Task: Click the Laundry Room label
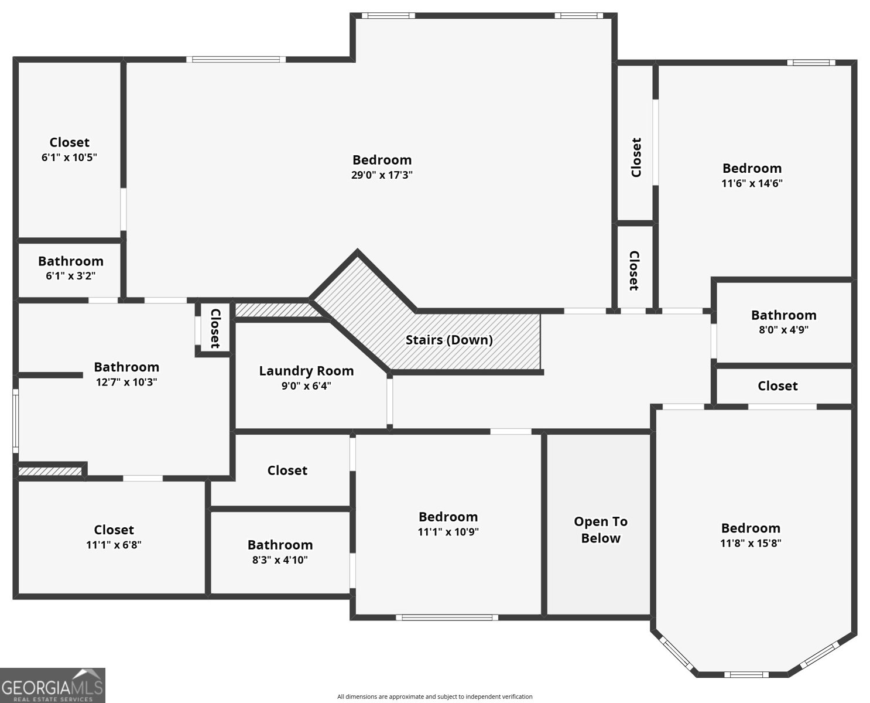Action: pos(306,371)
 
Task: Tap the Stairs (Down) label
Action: pos(449,340)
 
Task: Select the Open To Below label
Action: pos(600,530)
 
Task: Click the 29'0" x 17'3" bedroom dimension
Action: pos(382,175)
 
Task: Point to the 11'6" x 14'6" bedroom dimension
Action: pos(752,183)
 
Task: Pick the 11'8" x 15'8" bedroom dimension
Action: pos(751,542)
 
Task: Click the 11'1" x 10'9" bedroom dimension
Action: pos(448,532)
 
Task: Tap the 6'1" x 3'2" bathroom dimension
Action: pos(70,275)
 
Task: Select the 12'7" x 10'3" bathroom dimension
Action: pos(126,382)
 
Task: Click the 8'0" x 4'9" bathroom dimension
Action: pos(783,329)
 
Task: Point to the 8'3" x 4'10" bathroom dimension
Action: pos(280,559)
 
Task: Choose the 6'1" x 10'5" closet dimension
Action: pos(69,157)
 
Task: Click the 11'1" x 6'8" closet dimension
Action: pos(114,544)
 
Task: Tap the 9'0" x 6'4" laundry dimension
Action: pos(306,385)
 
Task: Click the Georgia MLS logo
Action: pos(53,685)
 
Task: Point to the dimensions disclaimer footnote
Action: pos(434,697)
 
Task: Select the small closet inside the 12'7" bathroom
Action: pos(214,328)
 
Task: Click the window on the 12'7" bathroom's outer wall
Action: pos(16,421)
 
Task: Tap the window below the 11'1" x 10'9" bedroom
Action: pos(447,617)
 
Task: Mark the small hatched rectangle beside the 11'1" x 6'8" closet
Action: pos(50,470)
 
